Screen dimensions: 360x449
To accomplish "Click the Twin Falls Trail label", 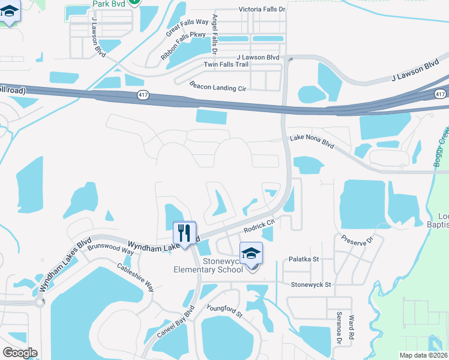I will pyautogui.click(x=226, y=64).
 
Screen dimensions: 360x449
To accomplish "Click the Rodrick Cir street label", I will pyautogui.click(x=259, y=225).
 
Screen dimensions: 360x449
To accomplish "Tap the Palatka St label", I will pyautogui.click(x=304, y=259).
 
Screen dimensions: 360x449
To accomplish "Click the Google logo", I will pyautogui.click(x=20, y=353).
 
